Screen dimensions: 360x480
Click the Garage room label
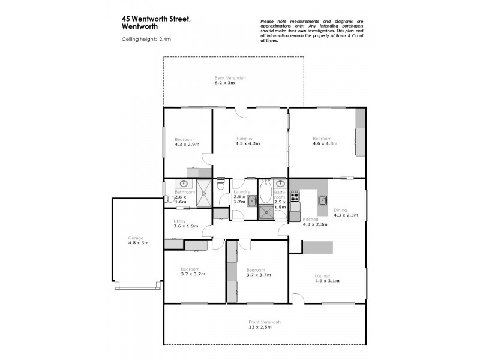(x=137, y=238)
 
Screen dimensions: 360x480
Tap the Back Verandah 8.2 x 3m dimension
(x=230, y=83)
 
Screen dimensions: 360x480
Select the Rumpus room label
(x=243, y=139)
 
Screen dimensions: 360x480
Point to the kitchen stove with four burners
(x=295, y=195)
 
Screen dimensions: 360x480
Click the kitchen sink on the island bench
(x=322, y=200)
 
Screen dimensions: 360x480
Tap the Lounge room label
(x=322, y=276)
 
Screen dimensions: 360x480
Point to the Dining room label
(x=340, y=210)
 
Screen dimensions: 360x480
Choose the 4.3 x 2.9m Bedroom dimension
(x=187, y=144)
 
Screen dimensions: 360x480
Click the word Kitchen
(x=310, y=220)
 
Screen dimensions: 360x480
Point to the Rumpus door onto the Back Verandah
(x=240, y=112)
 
